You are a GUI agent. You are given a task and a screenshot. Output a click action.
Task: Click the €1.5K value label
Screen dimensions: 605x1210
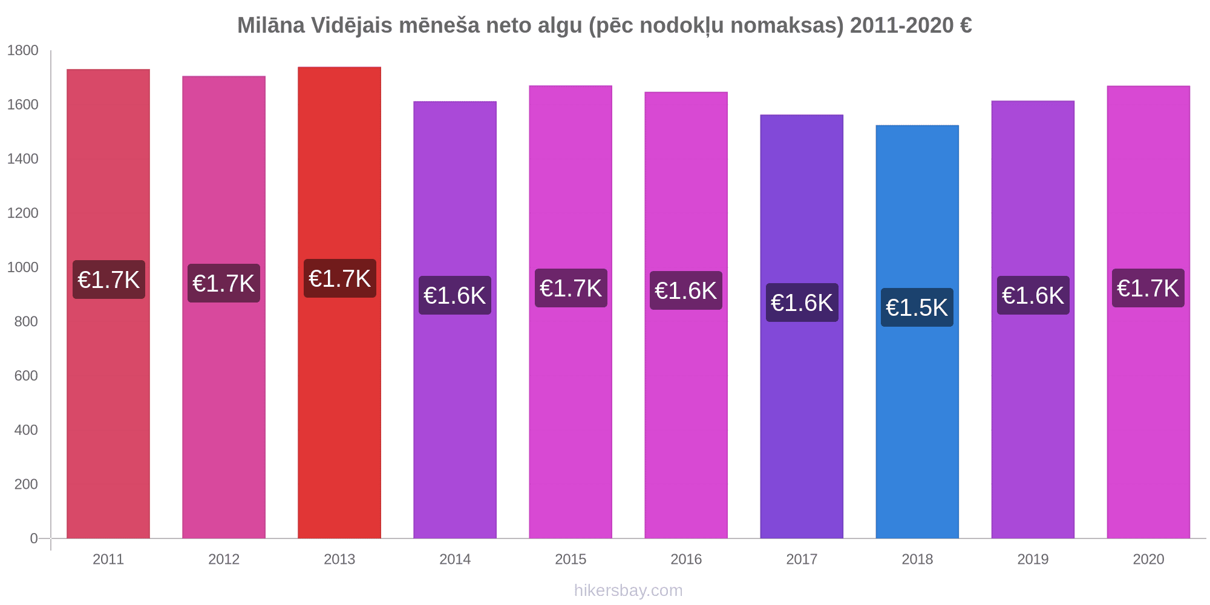[917, 307]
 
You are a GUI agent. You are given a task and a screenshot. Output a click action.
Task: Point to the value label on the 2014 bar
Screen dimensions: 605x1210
[455, 295]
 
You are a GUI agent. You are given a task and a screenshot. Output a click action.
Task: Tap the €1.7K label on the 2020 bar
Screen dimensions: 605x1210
[1148, 288]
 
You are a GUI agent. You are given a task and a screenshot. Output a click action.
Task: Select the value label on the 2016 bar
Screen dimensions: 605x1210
[686, 290]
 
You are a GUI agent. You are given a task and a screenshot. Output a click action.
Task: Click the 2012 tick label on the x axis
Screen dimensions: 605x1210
[224, 559]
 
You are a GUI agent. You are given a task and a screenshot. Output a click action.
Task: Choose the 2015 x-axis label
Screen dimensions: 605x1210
[571, 559]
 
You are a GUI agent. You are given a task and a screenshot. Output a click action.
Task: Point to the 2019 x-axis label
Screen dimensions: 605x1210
[1033, 559]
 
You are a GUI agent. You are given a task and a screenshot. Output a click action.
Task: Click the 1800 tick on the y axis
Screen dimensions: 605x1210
[23, 51]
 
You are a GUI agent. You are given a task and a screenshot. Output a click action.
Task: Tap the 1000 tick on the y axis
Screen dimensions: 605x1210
[23, 267]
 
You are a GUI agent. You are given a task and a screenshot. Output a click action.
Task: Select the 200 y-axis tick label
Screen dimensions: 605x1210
[27, 484]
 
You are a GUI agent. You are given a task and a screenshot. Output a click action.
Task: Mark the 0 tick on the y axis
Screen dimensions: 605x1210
[34, 538]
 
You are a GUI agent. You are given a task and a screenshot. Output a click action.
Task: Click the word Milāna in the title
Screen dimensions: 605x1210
[270, 25]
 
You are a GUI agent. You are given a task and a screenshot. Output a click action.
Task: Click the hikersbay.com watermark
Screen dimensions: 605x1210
[628, 590]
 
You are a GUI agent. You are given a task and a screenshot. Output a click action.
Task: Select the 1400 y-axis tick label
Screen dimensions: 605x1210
[23, 159]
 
